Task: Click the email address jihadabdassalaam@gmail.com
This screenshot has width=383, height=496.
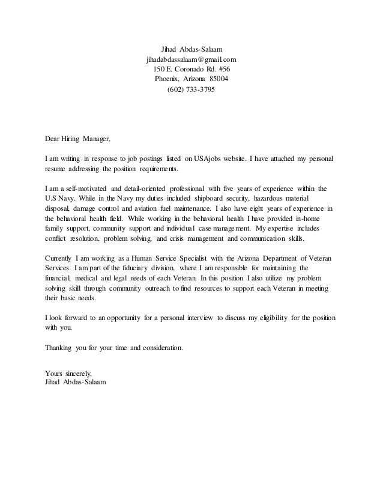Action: [x=191, y=60]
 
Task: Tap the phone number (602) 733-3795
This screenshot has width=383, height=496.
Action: [x=190, y=89]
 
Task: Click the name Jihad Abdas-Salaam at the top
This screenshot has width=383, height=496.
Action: [x=191, y=50]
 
